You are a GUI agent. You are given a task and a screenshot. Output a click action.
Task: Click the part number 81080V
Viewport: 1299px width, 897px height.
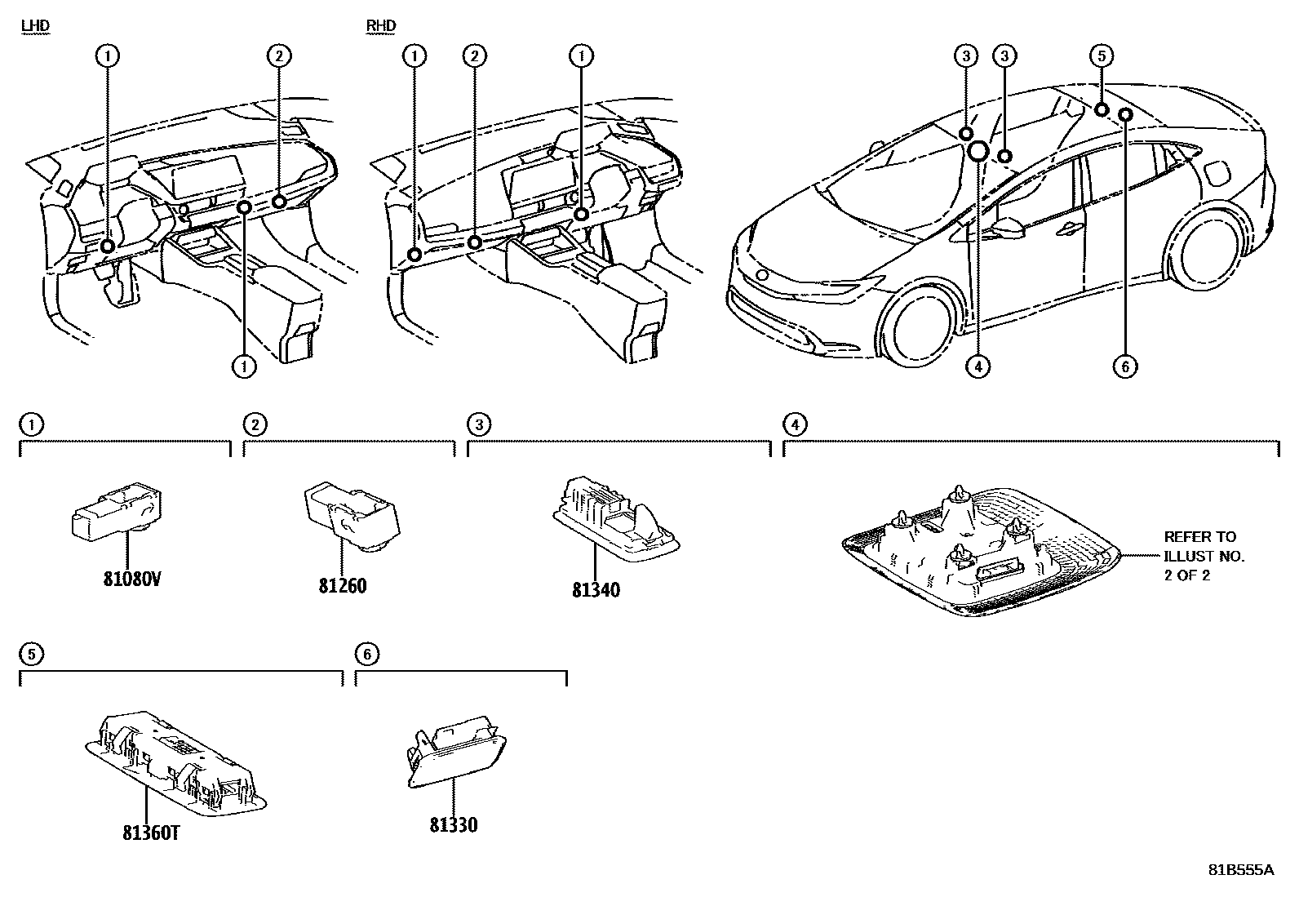click(131, 579)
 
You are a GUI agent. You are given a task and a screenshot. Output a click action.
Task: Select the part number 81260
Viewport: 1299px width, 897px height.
click(343, 585)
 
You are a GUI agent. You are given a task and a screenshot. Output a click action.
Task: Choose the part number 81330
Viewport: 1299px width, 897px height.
click(454, 824)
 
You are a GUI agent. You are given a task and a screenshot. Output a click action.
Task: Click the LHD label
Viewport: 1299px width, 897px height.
click(34, 26)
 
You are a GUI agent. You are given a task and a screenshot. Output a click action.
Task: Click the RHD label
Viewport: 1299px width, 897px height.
click(381, 26)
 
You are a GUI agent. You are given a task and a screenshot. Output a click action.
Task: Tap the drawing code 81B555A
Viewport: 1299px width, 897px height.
click(1240, 870)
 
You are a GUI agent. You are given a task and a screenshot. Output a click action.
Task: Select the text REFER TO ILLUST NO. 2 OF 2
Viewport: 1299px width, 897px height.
click(1204, 556)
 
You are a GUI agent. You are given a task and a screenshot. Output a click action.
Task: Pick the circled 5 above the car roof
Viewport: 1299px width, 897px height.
click(1101, 56)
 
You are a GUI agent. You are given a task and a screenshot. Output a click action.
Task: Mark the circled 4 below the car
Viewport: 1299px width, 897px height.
click(978, 367)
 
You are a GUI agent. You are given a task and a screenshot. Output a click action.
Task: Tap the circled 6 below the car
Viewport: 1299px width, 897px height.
click(1124, 367)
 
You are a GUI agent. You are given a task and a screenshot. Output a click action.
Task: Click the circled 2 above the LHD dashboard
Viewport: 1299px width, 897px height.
click(279, 56)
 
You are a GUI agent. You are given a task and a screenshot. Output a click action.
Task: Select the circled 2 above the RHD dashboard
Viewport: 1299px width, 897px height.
click(474, 56)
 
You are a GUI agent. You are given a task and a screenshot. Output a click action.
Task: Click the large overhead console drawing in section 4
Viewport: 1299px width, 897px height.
click(979, 551)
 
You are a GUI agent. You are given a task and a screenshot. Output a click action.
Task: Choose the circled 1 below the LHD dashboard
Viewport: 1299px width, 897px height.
click(243, 367)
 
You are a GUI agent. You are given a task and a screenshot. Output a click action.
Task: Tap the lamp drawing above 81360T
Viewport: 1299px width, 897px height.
click(175, 763)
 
